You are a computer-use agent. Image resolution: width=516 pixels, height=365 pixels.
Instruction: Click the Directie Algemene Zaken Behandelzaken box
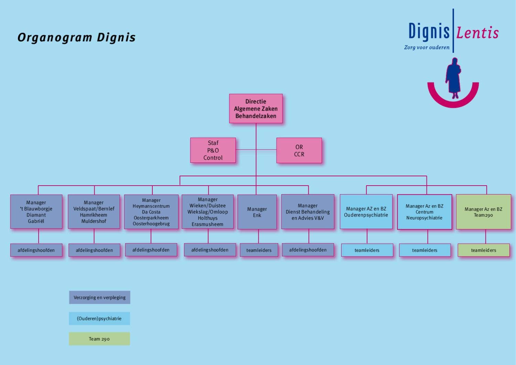(x=256, y=108)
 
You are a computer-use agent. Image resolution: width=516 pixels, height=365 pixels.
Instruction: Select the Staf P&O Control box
(x=213, y=150)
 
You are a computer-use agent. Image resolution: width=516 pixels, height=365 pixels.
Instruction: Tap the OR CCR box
(x=299, y=150)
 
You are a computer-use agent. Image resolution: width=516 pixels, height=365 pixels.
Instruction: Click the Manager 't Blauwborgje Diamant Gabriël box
(x=36, y=212)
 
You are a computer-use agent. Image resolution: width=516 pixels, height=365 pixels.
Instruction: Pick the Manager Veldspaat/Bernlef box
(x=94, y=212)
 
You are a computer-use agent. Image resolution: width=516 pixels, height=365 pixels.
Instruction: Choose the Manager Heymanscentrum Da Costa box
(x=151, y=212)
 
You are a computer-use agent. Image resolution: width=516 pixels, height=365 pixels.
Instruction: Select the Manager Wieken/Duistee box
(x=207, y=212)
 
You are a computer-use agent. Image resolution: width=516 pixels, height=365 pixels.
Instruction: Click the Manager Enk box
(x=257, y=212)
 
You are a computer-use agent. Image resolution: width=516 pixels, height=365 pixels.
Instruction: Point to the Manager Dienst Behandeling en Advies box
(x=308, y=212)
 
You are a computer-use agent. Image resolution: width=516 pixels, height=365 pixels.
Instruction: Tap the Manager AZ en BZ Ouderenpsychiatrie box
(x=366, y=212)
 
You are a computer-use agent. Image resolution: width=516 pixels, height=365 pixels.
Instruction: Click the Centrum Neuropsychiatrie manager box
(x=424, y=212)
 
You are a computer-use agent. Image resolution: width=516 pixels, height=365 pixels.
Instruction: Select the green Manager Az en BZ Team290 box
(x=483, y=212)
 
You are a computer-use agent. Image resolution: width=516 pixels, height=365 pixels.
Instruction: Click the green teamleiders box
(x=483, y=250)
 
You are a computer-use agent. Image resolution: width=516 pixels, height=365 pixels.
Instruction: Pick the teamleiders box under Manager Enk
(x=259, y=250)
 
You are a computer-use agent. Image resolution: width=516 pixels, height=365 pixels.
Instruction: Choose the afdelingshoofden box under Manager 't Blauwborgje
(x=36, y=250)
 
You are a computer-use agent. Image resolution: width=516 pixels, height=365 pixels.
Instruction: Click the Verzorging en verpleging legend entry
(x=99, y=298)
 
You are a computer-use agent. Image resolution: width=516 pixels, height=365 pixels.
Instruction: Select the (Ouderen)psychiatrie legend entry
(x=99, y=319)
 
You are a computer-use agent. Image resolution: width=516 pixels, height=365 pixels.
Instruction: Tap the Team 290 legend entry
(x=99, y=339)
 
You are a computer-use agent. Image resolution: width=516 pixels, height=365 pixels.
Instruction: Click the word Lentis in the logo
(x=477, y=33)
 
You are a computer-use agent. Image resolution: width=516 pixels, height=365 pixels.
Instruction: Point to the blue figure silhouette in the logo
(x=453, y=78)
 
